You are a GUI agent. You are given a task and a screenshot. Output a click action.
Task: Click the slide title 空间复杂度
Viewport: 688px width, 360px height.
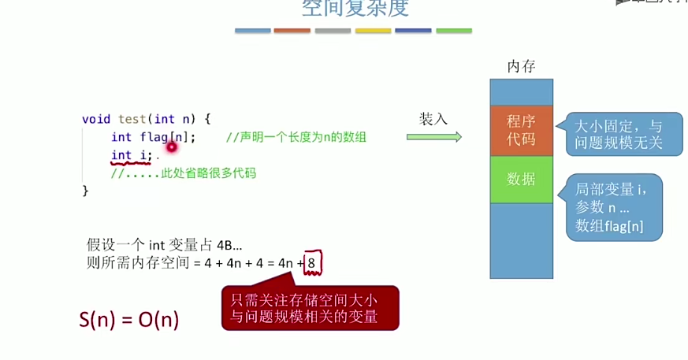(x=355, y=8)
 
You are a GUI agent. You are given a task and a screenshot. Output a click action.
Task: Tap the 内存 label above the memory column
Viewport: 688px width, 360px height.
(x=521, y=66)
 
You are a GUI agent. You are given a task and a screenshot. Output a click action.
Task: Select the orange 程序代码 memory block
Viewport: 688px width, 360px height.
(x=521, y=130)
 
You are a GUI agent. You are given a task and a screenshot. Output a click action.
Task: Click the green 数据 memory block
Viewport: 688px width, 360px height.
(x=521, y=179)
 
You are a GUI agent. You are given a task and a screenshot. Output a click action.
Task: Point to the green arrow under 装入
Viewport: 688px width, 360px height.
(x=433, y=136)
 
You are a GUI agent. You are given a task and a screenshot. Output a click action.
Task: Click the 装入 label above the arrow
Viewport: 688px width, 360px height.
(x=433, y=118)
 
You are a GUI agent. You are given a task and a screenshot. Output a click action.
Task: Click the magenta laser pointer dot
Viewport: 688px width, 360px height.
(x=169, y=147)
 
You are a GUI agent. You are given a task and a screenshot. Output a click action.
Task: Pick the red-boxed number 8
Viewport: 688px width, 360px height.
(x=312, y=263)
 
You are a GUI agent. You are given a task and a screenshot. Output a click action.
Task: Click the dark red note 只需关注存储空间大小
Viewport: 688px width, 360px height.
(x=310, y=308)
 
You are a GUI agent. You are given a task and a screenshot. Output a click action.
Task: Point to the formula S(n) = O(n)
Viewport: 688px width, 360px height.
(x=129, y=319)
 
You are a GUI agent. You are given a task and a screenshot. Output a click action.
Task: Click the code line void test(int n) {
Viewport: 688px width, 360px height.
(x=146, y=119)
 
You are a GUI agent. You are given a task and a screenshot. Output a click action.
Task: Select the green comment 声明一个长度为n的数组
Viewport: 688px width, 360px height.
(x=296, y=137)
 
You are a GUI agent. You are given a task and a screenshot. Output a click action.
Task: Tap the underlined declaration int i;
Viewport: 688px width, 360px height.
(x=131, y=155)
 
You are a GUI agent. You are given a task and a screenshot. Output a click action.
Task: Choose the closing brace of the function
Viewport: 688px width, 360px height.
(x=86, y=191)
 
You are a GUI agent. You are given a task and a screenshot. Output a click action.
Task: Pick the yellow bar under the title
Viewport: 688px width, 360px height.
(x=373, y=31)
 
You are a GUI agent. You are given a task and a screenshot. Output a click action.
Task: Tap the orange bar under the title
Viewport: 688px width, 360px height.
(x=292, y=31)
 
